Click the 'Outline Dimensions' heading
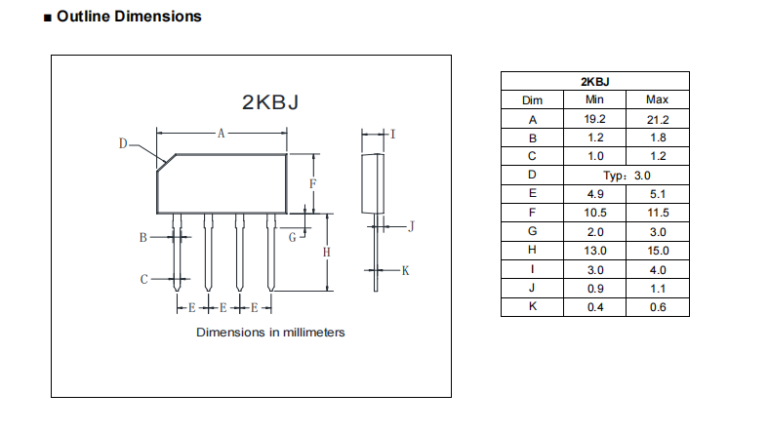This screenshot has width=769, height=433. (x=129, y=17)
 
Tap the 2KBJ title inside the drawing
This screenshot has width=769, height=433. (x=269, y=102)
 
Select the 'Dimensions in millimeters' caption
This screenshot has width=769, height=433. (x=270, y=333)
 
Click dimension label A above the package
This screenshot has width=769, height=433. (x=222, y=133)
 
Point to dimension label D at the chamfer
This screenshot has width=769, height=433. (x=124, y=144)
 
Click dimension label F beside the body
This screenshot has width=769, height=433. (x=312, y=182)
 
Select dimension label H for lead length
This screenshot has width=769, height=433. (x=327, y=252)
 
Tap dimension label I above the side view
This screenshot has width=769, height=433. (x=392, y=133)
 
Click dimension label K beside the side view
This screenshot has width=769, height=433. (x=405, y=270)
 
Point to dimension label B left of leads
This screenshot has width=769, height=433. (x=142, y=237)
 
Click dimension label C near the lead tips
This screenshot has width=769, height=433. (x=143, y=280)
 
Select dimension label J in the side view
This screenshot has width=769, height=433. (x=411, y=226)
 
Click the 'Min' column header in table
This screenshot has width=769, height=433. (x=594, y=99)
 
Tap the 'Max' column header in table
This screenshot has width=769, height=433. (x=657, y=99)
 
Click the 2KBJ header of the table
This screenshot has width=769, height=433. (x=594, y=81)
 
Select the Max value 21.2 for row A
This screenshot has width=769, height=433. (x=657, y=119)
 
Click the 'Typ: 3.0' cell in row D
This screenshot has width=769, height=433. (x=626, y=176)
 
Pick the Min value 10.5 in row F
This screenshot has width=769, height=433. (x=594, y=213)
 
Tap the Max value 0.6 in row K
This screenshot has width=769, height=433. (x=657, y=307)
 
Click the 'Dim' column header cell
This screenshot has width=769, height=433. (x=532, y=99)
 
